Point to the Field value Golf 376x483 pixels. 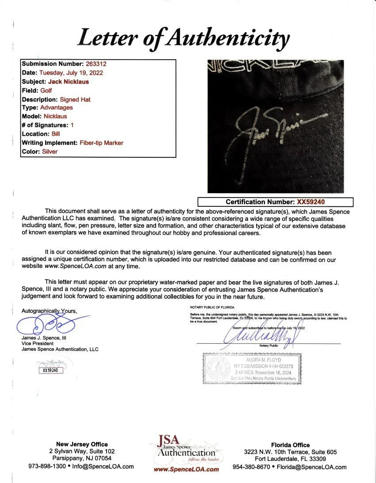46,91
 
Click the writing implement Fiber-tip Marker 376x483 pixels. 101,143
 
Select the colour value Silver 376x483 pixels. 50,152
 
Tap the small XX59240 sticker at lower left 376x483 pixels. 50,370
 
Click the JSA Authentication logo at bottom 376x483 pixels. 186,453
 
